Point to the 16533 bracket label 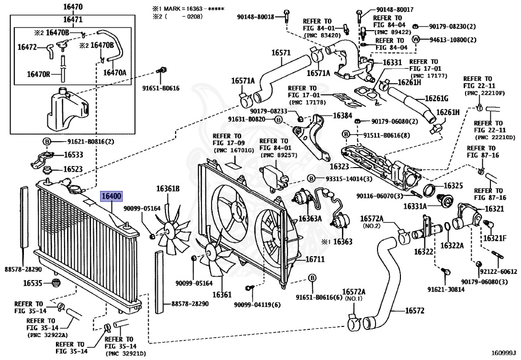pyautogui.click(x=74, y=154)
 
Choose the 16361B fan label pyautogui.click(x=168, y=189)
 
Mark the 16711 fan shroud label pyautogui.click(x=314, y=259)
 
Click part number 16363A pyautogui.click(x=310, y=218)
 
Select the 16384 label pyautogui.click(x=342, y=116)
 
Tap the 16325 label pyautogui.click(x=453, y=186)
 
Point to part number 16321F pyautogui.click(x=494, y=238)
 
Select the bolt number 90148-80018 pyautogui.click(x=255, y=17)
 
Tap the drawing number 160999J pyautogui.click(x=503, y=352)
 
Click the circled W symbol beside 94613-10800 pyautogui.click(x=416, y=39)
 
